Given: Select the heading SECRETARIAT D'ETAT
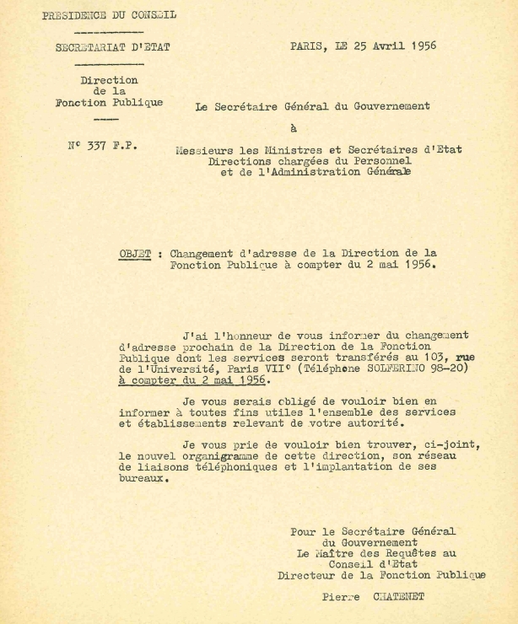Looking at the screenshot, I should point(112,47).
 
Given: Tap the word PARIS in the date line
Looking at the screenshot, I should point(309,46).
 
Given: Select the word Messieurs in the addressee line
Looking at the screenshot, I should point(204,149).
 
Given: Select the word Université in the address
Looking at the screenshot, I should point(200,368).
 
